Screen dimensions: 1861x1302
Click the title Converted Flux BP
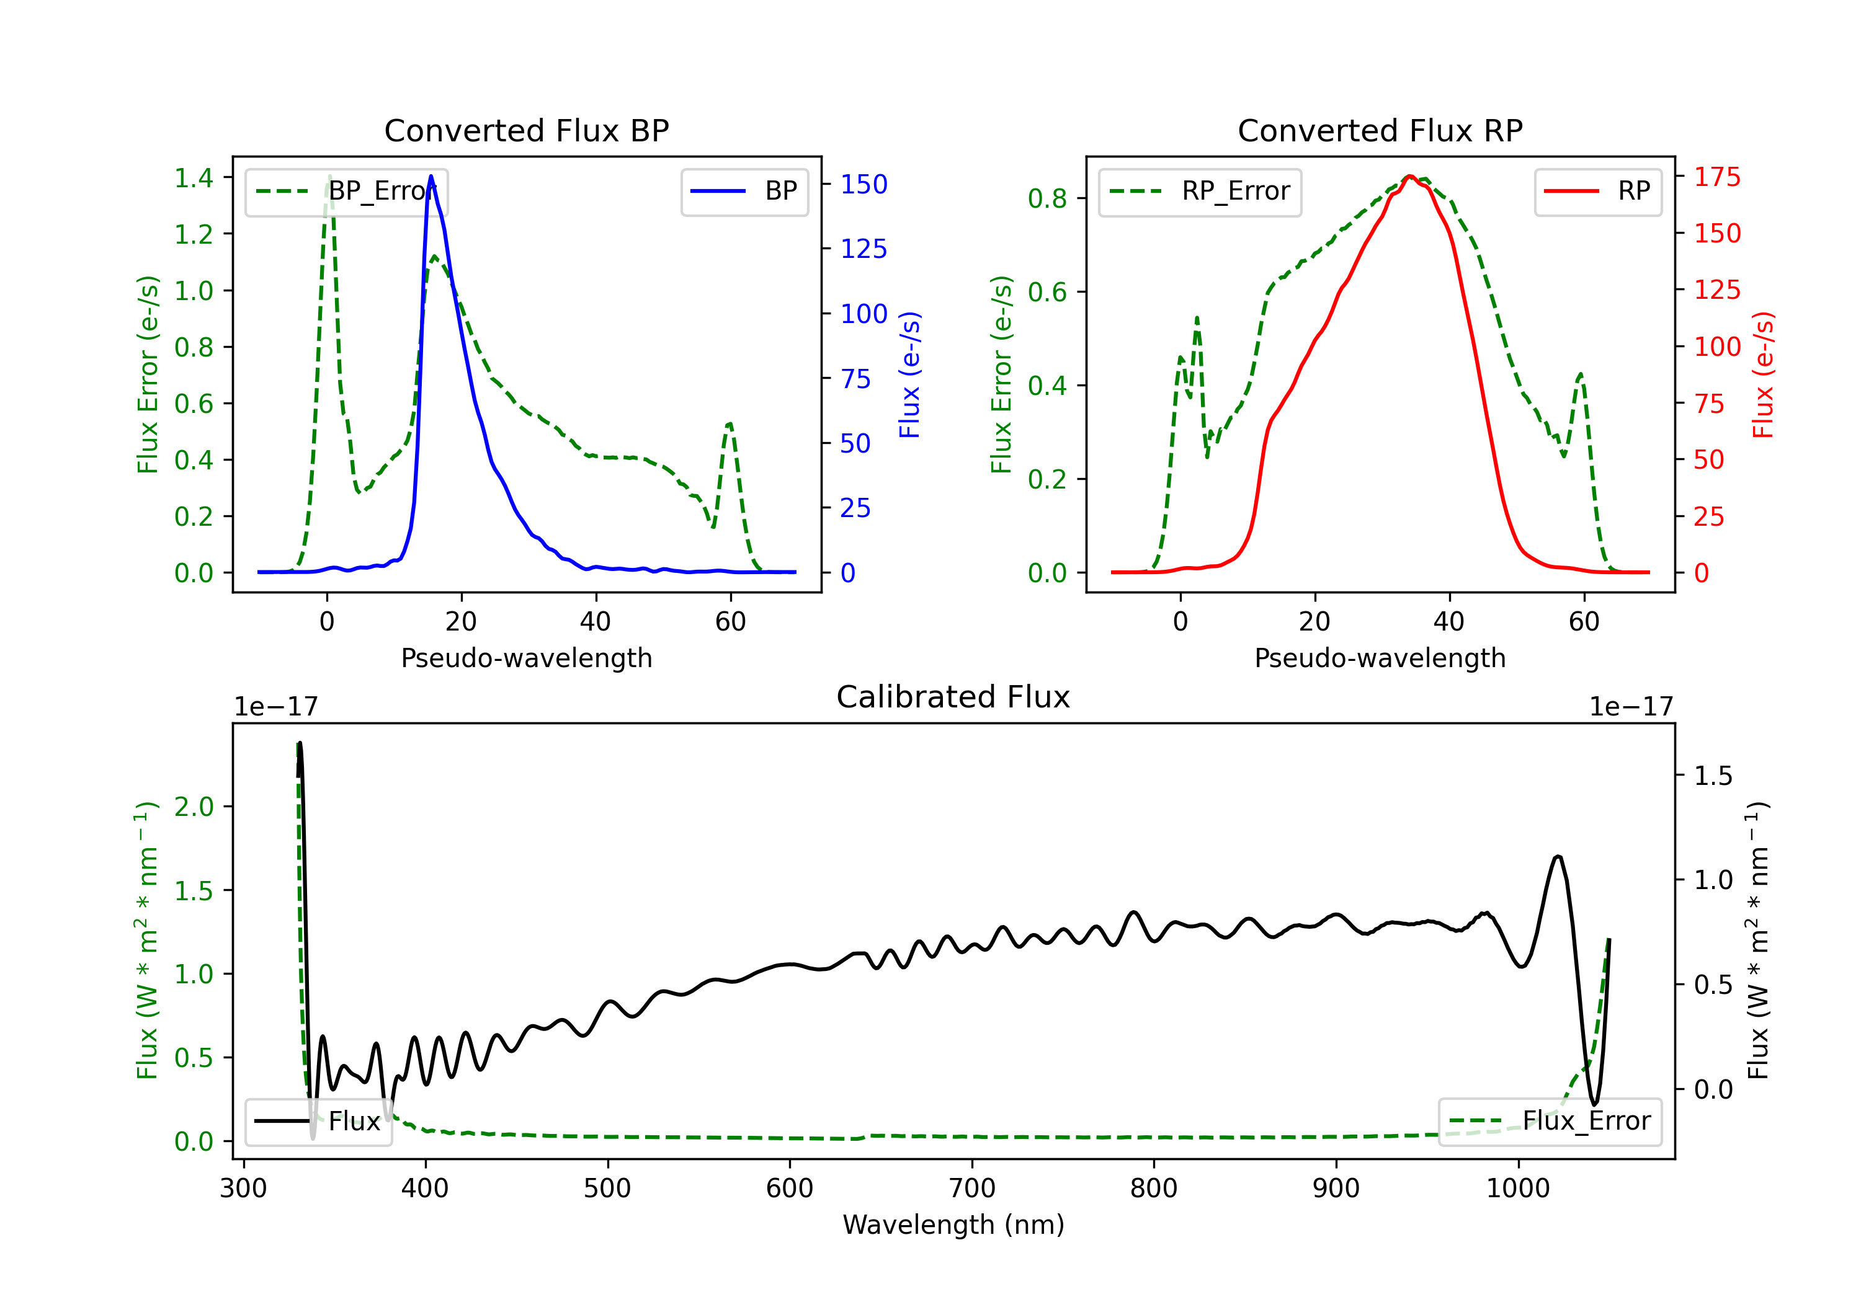coord(526,130)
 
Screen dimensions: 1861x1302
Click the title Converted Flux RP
coord(1380,130)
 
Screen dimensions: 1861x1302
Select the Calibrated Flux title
coord(953,697)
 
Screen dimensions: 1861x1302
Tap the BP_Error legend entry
coord(346,191)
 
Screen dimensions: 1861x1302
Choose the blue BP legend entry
coord(744,191)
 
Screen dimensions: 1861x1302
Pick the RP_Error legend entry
coord(1200,191)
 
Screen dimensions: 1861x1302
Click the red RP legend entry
coord(1597,191)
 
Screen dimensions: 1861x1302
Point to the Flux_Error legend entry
coord(1550,1122)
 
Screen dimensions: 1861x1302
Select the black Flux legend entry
coord(318,1122)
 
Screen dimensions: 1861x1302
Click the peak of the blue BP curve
coord(431,176)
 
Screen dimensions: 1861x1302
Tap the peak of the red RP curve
coord(1409,176)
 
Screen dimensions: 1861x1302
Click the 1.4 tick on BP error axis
coord(194,177)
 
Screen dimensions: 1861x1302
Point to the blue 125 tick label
coord(864,249)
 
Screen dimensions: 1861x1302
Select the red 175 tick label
coord(1718,177)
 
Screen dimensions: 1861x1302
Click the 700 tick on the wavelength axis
coord(972,1189)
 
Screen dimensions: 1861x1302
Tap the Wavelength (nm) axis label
coord(953,1225)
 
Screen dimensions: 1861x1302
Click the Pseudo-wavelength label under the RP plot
coord(1380,658)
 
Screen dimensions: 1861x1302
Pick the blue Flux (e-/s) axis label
coord(910,374)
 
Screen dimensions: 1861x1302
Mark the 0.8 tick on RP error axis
coord(1047,198)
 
